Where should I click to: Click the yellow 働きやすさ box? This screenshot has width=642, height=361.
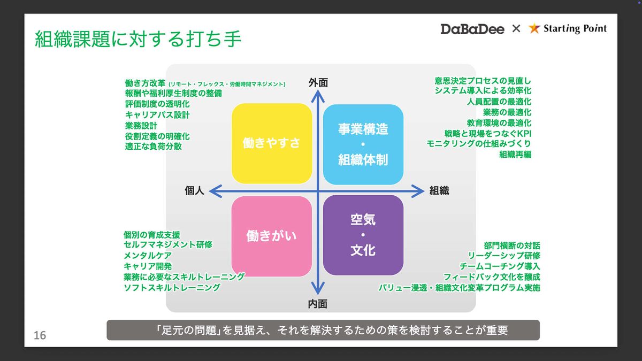[271, 143]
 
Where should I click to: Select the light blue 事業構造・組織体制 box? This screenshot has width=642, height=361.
[363, 143]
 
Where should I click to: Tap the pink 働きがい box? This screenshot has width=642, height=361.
[271, 236]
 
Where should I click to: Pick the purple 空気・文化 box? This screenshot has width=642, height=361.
[363, 236]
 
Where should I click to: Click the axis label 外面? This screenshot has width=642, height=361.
[318, 83]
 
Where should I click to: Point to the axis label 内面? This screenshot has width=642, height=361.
[318, 304]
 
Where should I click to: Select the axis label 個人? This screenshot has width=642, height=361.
[195, 190]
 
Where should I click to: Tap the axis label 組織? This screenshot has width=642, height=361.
[439, 190]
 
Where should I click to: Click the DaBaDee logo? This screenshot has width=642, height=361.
[472, 29]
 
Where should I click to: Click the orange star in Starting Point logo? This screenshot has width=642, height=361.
[534, 29]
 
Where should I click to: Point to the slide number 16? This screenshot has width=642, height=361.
[40, 335]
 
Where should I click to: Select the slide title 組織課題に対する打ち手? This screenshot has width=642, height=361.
[138, 40]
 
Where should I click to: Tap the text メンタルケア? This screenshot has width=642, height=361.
[148, 256]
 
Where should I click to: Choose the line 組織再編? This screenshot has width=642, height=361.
[515, 155]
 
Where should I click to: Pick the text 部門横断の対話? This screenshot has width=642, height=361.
[511, 245]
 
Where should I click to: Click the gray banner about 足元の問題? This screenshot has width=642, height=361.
[323, 330]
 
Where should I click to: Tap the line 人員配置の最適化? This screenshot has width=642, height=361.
[499, 102]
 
